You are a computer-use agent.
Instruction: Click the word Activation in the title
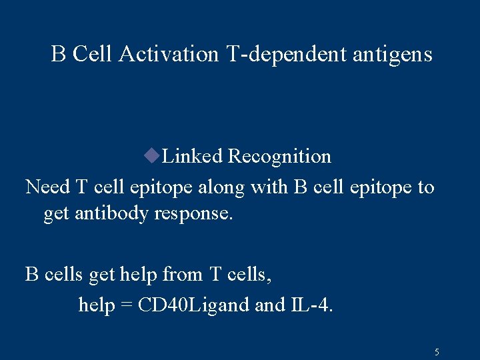(169, 54)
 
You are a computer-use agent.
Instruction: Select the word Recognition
(279, 157)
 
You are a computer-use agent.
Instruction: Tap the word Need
(47, 187)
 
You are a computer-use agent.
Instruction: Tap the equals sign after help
(127, 305)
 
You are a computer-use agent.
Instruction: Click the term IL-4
(313, 305)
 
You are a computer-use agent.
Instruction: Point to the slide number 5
(437, 351)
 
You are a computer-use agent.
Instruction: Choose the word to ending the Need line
(425, 187)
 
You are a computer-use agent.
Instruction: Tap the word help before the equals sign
(96, 305)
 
